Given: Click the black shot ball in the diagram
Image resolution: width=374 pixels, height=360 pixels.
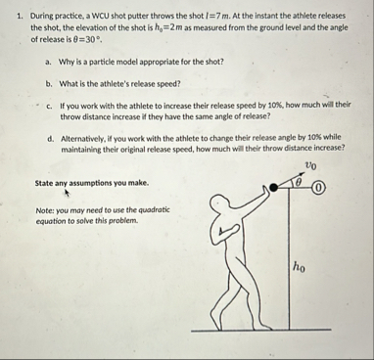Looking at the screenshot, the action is (x=274, y=187).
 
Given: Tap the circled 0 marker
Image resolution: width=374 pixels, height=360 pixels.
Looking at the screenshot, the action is (x=320, y=188).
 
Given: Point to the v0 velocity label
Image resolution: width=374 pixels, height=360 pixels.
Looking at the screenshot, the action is (x=311, y=167).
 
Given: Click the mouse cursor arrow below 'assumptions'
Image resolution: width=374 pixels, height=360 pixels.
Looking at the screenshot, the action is (x=67, y=193).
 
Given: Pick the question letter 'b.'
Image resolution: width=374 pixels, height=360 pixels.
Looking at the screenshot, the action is (x=49, y=84).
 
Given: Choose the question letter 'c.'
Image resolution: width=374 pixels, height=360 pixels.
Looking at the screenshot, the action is (x=50, y=106).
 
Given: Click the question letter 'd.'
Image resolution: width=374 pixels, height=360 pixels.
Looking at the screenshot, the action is (x=51, y=138).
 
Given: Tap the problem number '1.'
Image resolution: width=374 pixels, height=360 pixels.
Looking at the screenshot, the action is (x=21, y=16).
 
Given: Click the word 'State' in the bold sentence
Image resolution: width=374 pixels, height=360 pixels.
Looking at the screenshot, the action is (x=43, y=183).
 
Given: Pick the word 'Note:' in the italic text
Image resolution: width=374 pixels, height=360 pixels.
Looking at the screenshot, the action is (x=44, y=210).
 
